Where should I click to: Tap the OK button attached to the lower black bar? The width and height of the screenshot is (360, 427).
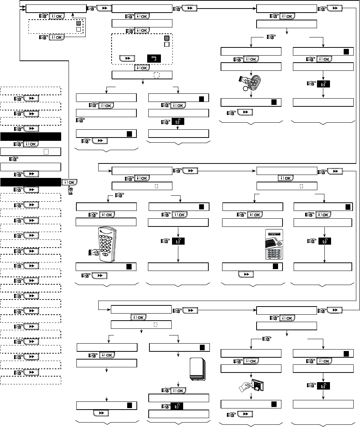tap(69, 182)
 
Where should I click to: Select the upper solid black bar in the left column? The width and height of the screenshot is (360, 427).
tap(30, 137)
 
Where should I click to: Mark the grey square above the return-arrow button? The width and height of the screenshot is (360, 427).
tap(166, 38)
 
